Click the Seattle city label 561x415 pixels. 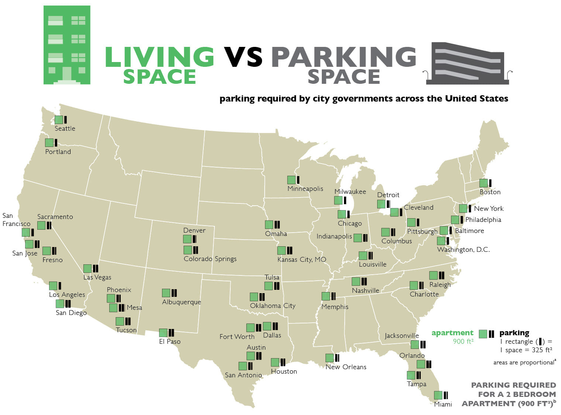click(65, 128)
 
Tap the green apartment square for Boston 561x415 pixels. click(483, 183)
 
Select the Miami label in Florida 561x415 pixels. click(443, 404)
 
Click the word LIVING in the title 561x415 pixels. click(159, 57)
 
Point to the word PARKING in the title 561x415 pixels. click(344, 57)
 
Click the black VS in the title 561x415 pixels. click(243, 58)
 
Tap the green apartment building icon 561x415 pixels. click(67, 45)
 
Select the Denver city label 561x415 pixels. click(194, 230)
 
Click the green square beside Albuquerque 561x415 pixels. click(166, 293)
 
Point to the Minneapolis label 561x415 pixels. click(305, 189)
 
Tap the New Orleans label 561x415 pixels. click(346, 367)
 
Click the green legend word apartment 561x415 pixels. click(452, 333)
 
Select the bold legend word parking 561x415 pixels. click(514, 333)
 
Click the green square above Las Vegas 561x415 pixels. click(87, 268)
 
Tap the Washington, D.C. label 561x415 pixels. click(463, 250)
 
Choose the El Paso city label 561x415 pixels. click(170, 342)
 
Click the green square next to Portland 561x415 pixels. click(49, 143)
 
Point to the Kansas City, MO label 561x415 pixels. click(302, 260)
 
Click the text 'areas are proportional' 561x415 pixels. click(524, 363)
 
